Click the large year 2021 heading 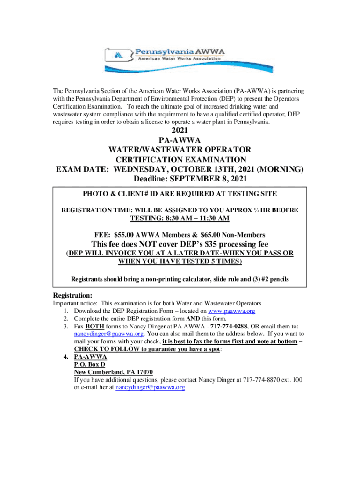click(x=180, y=131)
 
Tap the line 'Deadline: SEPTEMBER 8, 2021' click(x=180, y=179)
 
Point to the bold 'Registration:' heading click(x=72, y=295)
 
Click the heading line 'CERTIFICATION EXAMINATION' click(x=180, y=160)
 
